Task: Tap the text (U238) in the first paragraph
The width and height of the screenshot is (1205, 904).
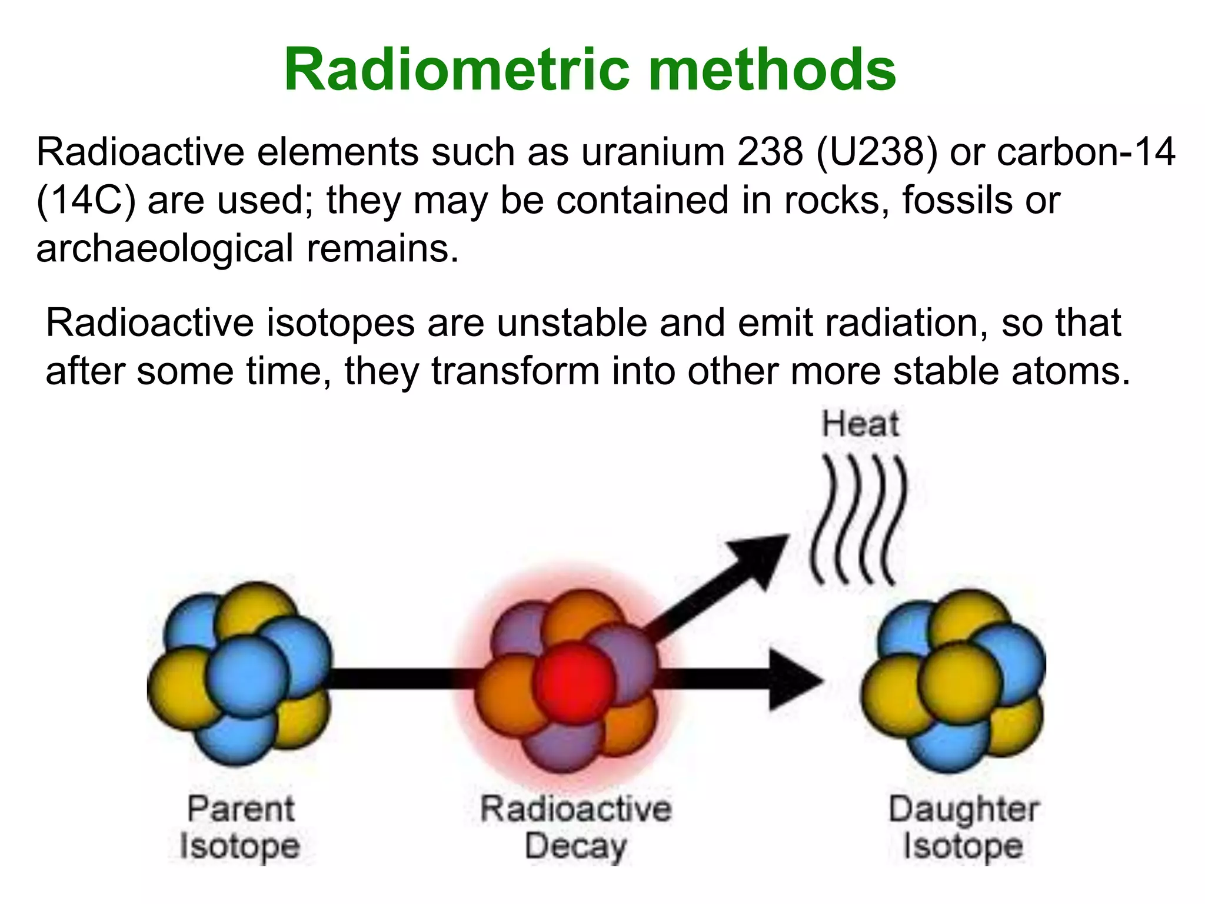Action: (877, 152)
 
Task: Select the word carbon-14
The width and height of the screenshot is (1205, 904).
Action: (1086, 152)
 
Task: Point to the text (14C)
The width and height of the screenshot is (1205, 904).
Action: (86, 201)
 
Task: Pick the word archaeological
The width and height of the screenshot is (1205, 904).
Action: (165, 249)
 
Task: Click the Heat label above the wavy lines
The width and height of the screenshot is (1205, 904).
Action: (860, 424)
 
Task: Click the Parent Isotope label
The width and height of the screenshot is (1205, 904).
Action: (240, 827)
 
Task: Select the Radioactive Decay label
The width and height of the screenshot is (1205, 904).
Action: (575, 827)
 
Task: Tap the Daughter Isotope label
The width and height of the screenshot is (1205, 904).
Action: (963, 827)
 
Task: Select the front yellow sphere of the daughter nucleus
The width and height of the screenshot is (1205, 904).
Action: (960, 683)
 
